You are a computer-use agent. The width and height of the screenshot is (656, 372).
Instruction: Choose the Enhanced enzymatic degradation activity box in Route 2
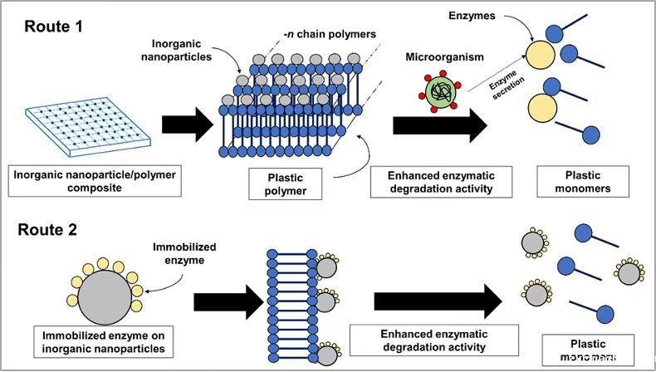(x=435, y=340)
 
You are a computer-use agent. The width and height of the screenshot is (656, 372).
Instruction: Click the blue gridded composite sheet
(x=81, y=123)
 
